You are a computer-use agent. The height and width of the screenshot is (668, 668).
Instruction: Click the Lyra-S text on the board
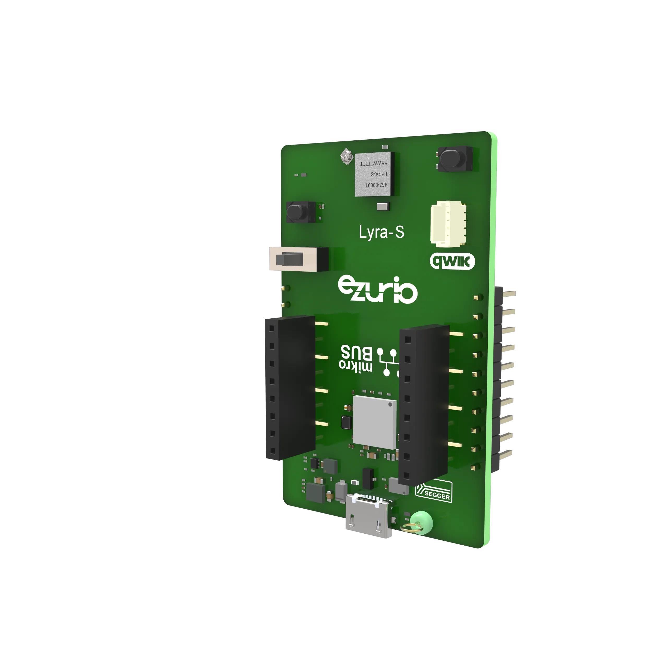point(381,232)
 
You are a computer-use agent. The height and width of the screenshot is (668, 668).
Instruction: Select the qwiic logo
point(452,262)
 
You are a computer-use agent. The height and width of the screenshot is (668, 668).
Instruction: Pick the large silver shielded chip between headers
point(374,422)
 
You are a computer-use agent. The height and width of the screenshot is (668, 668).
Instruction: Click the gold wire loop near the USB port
point(412,528)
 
